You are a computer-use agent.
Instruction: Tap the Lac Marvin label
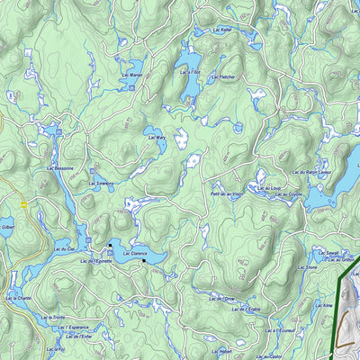(131, 76)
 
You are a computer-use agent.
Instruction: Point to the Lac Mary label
(155, 139)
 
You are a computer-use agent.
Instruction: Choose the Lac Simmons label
(101, 184)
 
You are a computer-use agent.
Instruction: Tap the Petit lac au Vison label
(227, 194)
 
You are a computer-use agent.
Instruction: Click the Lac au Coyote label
(289, 194)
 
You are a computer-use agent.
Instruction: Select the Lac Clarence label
(134, 255)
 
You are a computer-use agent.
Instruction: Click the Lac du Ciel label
(64, 249)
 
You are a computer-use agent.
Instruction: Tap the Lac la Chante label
(19, 298)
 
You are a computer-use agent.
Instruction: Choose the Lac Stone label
(306, 268)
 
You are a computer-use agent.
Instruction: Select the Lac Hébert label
(220, 351)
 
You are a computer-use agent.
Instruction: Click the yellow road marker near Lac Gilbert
(24, 204)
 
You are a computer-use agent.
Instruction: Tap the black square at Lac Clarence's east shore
(143, 261)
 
